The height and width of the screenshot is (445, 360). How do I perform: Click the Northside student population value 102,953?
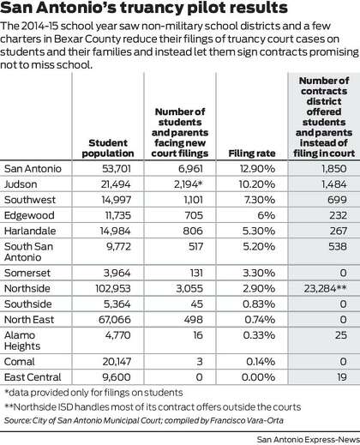pyautogui.click(x=113, y=289)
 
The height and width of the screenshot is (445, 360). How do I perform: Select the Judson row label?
pyautogui.click(x=21, y=184)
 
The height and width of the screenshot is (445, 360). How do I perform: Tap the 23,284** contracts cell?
pyautogui.click(x=325, y=289)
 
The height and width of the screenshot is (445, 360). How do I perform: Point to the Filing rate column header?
pyautogui.click(x=252, y=153)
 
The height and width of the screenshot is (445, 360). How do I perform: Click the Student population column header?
pyautogui.click(x=108, y=148)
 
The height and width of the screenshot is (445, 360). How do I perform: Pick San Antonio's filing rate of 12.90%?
pyautogui.click(x=257, y=169)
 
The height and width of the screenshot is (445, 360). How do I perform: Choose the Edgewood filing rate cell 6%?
pyautogui.click(x=267, y=215)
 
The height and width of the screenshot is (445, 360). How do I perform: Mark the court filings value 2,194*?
pyautogui.click(x=189, y=184)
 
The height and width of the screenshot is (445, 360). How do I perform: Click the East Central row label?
pyautogui.click(x=33, y=377)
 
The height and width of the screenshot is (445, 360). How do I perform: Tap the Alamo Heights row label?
pyautogui.click(x=22, y=340)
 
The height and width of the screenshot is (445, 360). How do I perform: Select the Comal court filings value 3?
pyautogui.click(x=200, y=362)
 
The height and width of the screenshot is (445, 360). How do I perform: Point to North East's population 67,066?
pyautogui.click(x=115, y=320)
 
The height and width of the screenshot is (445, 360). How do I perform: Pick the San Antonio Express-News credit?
pyautogui.click(x=308, y=440)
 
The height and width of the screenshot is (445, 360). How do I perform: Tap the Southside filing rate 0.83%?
pyautogui.click(x=259, y=304)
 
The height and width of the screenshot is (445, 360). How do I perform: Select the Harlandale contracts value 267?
pyautogui.click(x=339, y=232)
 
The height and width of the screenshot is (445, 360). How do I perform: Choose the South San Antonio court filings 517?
pyautogui.click(x=195, y=247)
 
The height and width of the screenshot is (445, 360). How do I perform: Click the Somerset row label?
pyautogui.click(x=27, y=274)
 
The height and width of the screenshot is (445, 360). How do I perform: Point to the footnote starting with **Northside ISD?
pyautogui.click(x=153, y=407)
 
